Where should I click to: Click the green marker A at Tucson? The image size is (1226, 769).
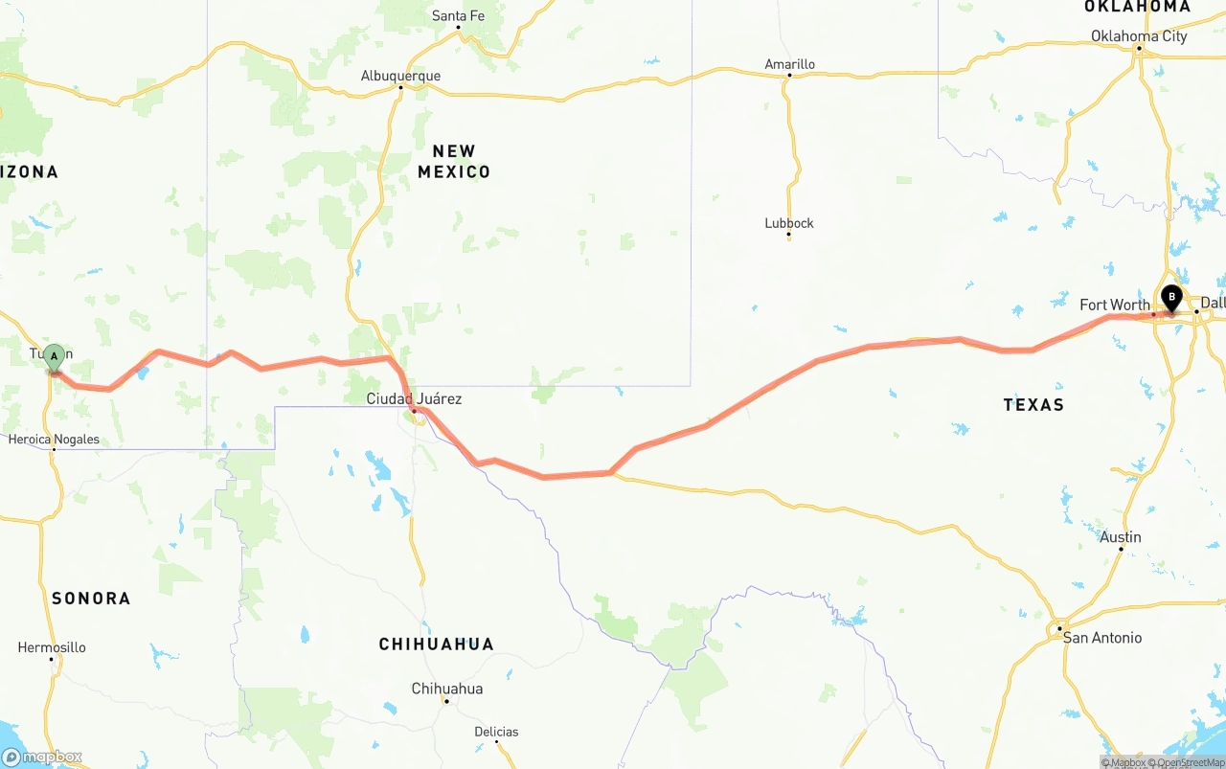(x=55, y=357)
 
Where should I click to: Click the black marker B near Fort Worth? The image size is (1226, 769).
(x=1171, y=298)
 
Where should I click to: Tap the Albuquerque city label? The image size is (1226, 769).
(x=400, y=76)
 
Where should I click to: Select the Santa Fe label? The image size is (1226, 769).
(x=458, y=15)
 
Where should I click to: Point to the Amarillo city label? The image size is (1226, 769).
(x=789, y=64)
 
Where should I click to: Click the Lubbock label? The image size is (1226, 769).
(x=789, y=223)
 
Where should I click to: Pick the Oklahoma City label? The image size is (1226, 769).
(x=1139, y=36)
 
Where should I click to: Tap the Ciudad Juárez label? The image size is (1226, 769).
(x=414, y=398)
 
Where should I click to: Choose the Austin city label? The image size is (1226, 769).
(x=1121, y=537)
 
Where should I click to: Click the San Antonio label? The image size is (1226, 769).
(x=1102, y=638)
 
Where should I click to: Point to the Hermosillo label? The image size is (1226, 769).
(x=52, y=647)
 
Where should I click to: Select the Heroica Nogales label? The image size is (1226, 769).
(x=54, y=440)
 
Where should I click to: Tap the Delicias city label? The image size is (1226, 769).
(x=496, y=732)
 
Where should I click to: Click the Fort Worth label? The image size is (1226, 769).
(x=1114, y=305)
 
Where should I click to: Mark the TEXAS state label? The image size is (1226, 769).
(x=1033, y=405)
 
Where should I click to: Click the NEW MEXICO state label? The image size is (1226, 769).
(x=454, y=162)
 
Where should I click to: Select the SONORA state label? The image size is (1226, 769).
(x=91, y=599)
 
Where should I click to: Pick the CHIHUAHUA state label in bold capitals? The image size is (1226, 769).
(x=437, y=645)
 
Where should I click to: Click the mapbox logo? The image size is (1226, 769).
(x=41, y=757)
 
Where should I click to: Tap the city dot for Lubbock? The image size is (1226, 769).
(x=789, y=237)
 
